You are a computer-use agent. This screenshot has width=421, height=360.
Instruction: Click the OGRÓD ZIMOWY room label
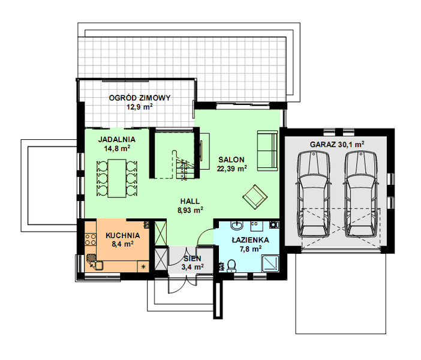[140, 98]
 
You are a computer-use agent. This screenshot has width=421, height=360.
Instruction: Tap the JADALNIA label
[116, 139]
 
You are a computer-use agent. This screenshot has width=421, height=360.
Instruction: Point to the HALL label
[190, 201]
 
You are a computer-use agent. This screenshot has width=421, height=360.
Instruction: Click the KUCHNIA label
[123, 236]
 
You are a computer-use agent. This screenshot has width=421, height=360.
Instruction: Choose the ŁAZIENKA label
[251, 239]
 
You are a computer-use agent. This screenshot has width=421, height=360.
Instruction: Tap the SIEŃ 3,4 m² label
[193, 263]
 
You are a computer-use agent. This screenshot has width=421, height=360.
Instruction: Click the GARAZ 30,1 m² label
[337, 145]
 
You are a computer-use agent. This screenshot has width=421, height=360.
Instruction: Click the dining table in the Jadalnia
[117, 178]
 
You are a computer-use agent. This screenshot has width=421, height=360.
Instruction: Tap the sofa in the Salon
[267, 151]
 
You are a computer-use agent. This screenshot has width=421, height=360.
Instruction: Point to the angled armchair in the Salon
[255, 197]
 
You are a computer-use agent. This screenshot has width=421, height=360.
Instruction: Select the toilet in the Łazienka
[231, 266]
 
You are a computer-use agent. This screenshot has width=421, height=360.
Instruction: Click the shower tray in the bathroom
[270, 264]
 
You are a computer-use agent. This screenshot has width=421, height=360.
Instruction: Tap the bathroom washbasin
[237, 226]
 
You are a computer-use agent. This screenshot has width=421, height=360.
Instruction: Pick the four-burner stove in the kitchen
[91, 239]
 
